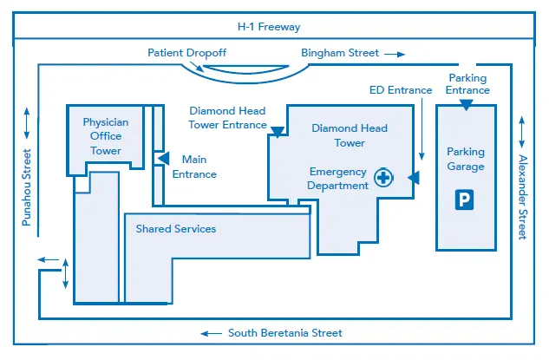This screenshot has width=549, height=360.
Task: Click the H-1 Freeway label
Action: [269, 27]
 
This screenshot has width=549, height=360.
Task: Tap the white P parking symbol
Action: [464, 200]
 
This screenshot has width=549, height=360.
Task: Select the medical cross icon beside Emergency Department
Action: [383, 178]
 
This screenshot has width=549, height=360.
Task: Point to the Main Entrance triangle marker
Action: [164, 158]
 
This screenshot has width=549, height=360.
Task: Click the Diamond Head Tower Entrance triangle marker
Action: [278, 132]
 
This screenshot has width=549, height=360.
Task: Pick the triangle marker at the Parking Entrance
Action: [466, 105]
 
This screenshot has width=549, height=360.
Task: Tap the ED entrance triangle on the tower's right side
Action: [414, 178]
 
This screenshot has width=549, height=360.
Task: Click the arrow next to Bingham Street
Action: [395, 55]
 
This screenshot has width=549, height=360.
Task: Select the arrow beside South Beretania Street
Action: [211, 333]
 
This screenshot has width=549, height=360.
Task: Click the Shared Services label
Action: [176, 229]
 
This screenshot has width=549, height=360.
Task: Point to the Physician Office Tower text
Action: [106, 136]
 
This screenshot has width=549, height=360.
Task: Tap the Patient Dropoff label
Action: [187, 53]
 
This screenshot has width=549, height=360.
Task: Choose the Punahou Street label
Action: [27, 187]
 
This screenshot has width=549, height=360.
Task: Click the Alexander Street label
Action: [522, 197]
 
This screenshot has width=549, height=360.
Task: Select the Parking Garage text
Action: [466, 159]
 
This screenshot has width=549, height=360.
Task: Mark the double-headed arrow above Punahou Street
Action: [27, 123]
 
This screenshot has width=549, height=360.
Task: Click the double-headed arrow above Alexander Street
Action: [522, 132]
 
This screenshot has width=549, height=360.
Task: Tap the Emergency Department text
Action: [338, 179]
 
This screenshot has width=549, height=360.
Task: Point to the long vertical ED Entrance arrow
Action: [422, 129]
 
